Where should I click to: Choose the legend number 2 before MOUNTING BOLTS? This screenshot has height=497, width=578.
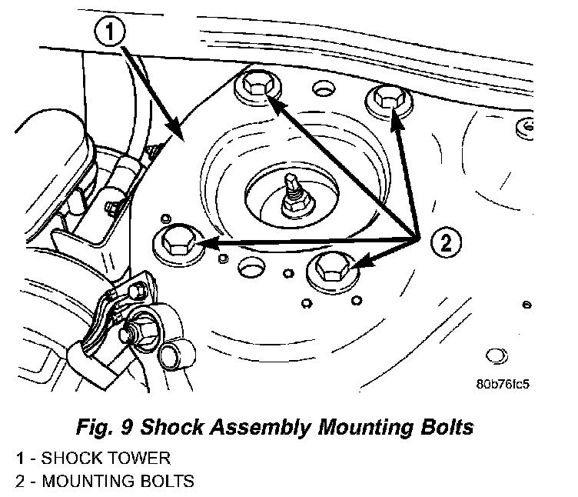[20, 482]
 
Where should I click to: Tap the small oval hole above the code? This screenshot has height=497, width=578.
[497, 355]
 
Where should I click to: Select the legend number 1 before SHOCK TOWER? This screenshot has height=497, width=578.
[20, 459]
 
